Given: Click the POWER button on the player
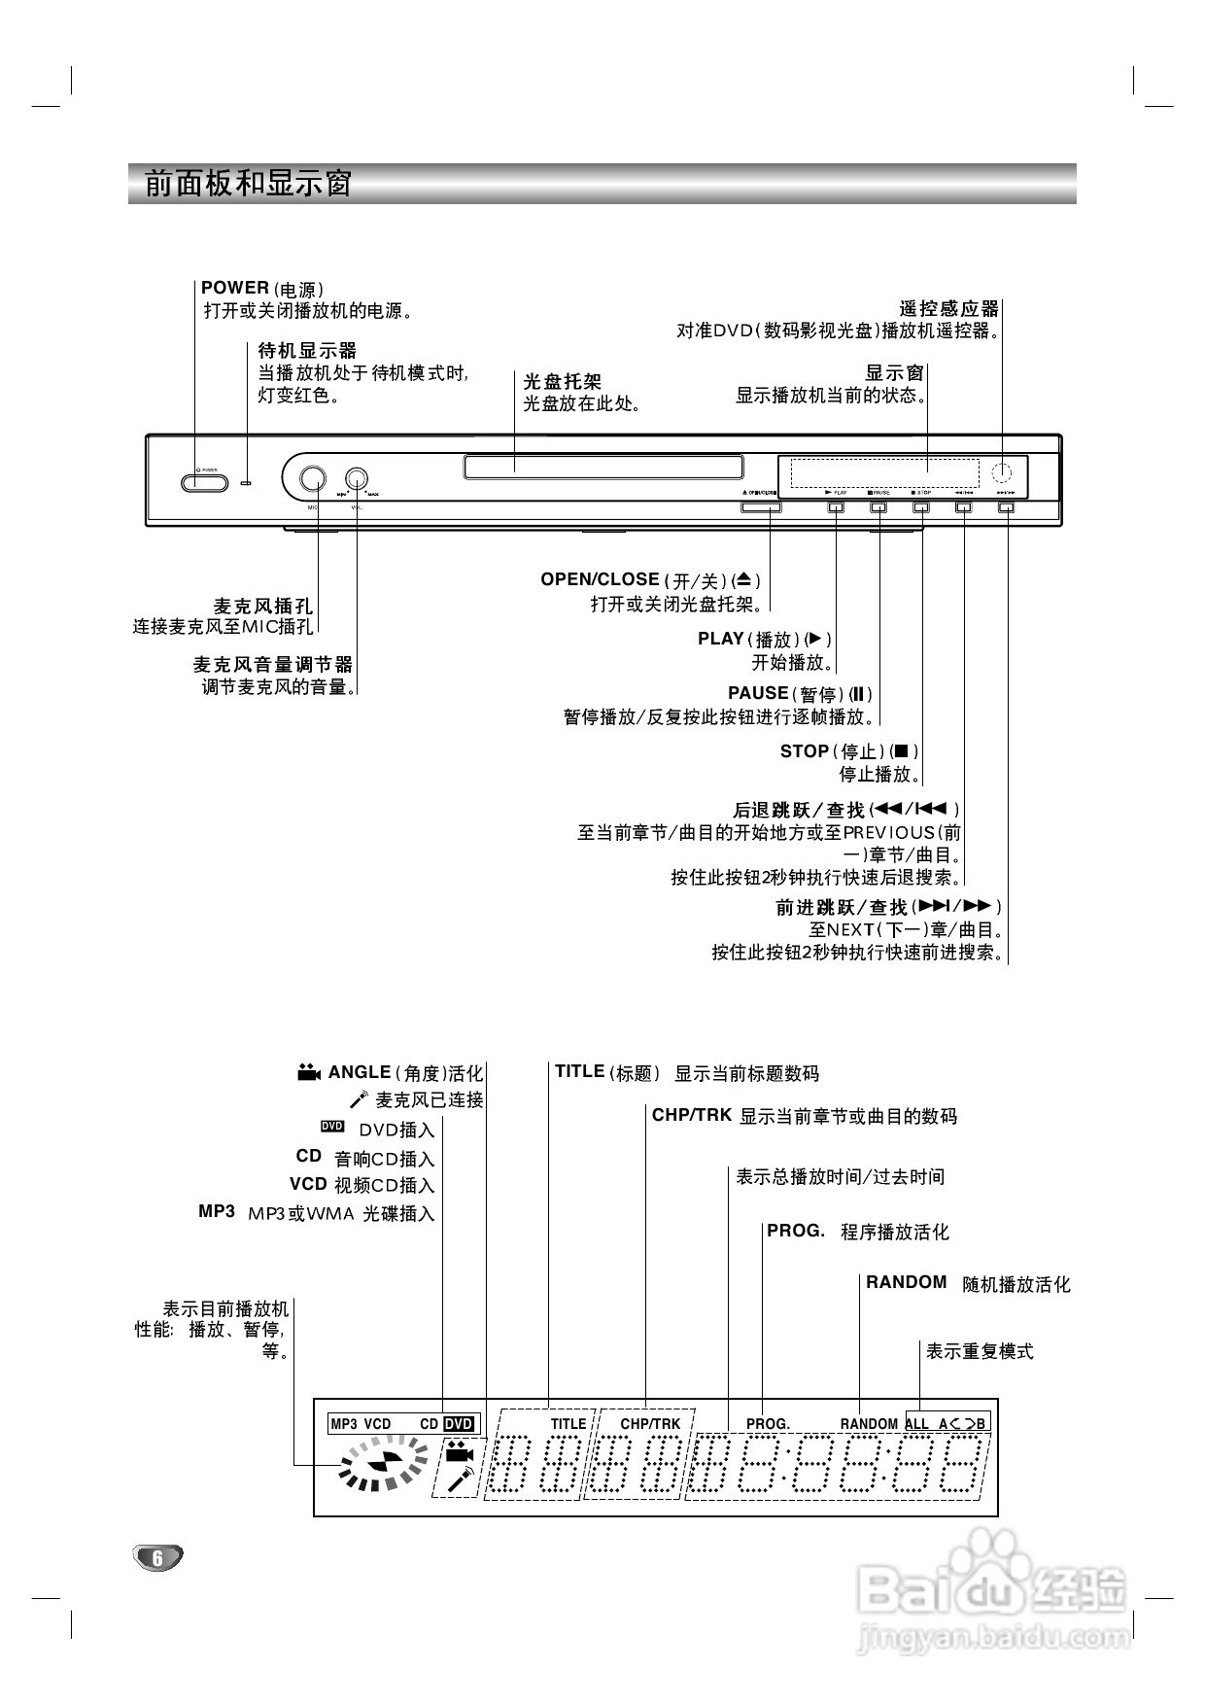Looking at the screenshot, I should click(x=204, y=483).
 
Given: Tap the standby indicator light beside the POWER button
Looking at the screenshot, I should click(x=247, y=482).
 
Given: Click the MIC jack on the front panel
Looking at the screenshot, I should click(x=312, y=478).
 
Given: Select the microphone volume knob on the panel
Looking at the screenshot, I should click(x=357, y=478).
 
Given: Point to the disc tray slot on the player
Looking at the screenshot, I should click(x=603, y=467).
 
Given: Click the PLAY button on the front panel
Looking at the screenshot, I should click(x=836, y=506).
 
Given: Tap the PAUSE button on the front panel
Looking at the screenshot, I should click(x=878, y=506).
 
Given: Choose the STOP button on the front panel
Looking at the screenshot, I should click(x=920, y=506).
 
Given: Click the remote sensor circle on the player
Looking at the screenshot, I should click(x=1001, y=473).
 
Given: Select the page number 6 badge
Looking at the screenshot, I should click(x=157, y=1557).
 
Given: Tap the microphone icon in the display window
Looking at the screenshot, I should click(x=459, y=1480).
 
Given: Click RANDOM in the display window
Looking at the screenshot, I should click(x=869, y=1424).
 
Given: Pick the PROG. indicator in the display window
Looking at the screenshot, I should click(x=768, y=1424).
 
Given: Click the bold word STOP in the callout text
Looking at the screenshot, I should click(x=804, y=751).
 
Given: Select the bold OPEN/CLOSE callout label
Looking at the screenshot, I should click(x=600, y=579).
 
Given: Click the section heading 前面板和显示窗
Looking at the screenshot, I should click(x=248, y=184).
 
